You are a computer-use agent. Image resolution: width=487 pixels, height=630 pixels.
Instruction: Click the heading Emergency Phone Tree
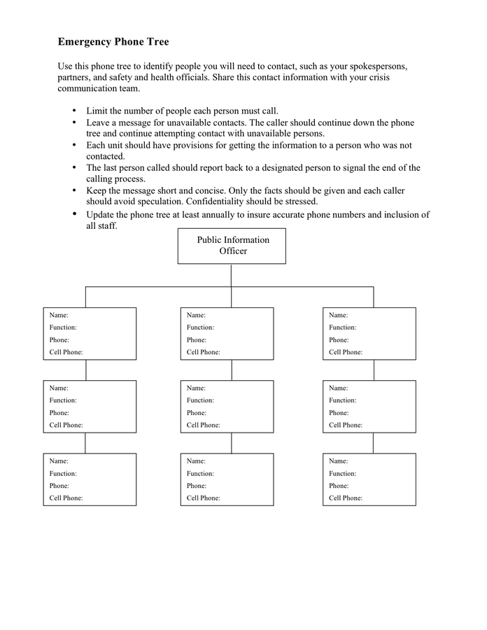coord(113,42)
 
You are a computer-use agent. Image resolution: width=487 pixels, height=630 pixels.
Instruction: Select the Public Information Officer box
coord(232,246)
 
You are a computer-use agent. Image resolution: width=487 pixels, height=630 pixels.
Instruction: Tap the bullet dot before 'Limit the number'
coord(75,111)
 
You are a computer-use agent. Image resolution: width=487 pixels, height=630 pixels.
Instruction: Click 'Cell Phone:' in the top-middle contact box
coord(203,352)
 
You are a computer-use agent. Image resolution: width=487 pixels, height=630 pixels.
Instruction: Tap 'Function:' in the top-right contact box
coord(343,327)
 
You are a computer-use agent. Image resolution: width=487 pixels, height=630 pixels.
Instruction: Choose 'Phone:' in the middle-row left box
coord(59,413)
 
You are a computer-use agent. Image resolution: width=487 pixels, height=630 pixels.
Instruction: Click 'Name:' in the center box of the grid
coord(196,388)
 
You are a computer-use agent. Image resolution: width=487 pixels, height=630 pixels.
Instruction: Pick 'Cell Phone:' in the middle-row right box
coord(346,425)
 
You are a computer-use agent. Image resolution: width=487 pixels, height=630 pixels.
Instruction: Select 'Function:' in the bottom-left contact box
coord(63,473)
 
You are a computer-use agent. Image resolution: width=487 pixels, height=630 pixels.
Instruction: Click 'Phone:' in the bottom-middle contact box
coord(197,486)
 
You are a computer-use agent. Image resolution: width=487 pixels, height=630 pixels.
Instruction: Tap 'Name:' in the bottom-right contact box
coord(339,461)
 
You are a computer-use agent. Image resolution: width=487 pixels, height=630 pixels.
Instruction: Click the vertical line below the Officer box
coord(231,275)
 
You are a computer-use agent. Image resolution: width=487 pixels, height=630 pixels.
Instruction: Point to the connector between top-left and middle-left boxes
coord(86,370)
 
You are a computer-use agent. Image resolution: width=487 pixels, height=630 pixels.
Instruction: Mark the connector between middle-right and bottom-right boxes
coord(373,442)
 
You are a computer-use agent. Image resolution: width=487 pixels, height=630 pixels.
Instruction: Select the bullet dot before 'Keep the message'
coord(75,190)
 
